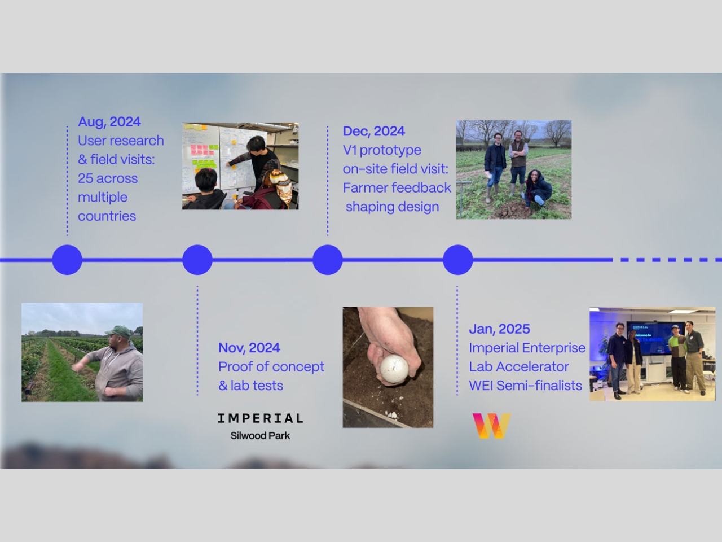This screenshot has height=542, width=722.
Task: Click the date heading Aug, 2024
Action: click(109, 122)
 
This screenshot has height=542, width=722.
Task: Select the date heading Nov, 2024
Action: click(249, 348)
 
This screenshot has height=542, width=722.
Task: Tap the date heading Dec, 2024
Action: click(373, 132)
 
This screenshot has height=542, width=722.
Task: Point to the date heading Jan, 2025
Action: click(499, 329)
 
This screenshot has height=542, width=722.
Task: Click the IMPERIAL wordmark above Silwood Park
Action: click(260, 418)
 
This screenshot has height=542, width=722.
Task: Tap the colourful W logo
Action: click(491, 426)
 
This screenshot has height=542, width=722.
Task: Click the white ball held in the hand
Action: click(394, 369)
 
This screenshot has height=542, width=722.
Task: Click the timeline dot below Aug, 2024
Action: click(67, 260)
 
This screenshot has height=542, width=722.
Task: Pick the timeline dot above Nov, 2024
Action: click(197, 260)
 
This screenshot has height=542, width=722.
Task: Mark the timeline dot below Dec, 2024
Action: click(328, 260)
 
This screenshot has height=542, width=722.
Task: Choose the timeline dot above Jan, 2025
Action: click(458, 260)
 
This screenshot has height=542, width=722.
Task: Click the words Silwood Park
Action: click(260, 436)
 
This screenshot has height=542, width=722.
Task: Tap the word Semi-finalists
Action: click(539, 386)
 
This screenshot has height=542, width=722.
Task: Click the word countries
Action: click(107, 216)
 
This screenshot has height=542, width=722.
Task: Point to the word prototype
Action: click(390, 151)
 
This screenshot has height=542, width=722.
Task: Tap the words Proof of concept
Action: click(271, 367)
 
